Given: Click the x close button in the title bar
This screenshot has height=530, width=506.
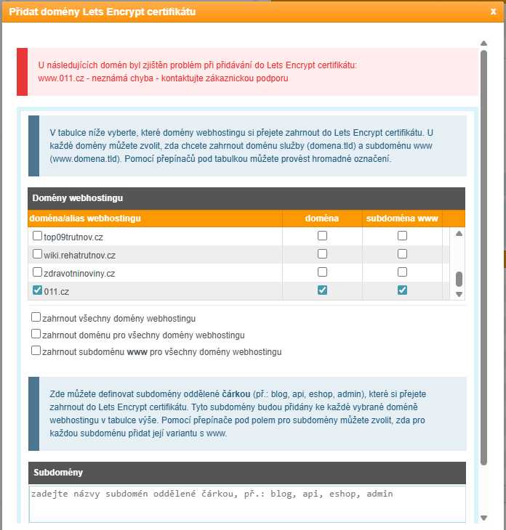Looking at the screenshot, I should point(494,12).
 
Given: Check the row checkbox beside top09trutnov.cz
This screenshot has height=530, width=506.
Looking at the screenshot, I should point(38,236).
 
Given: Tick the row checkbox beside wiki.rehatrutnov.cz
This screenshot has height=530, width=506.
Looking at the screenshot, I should point(38,254).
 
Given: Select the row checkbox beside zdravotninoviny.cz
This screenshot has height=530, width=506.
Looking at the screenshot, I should point(38,272).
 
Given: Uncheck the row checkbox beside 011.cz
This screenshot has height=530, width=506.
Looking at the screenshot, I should point(38,290).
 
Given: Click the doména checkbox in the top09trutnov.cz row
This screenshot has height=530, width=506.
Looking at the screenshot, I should point(322,236).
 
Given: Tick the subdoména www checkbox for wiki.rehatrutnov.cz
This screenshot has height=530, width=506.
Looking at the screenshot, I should point(402,254).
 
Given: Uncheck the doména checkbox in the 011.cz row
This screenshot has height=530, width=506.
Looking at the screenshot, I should point(322,290).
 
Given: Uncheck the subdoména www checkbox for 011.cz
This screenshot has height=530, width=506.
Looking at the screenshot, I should point(402,290).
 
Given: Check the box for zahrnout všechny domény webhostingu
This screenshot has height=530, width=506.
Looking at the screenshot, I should point(36,317).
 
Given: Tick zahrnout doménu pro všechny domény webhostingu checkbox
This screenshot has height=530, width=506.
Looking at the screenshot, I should point(36,334).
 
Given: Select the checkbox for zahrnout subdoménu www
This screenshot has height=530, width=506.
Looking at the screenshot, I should point(36,351).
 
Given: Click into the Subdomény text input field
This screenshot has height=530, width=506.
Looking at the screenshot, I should point(247,503).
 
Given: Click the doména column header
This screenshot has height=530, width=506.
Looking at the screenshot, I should point(322,218).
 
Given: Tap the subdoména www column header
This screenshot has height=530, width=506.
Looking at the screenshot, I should point(402,218).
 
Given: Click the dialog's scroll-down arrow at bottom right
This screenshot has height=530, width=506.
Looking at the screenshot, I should point(484,518).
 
